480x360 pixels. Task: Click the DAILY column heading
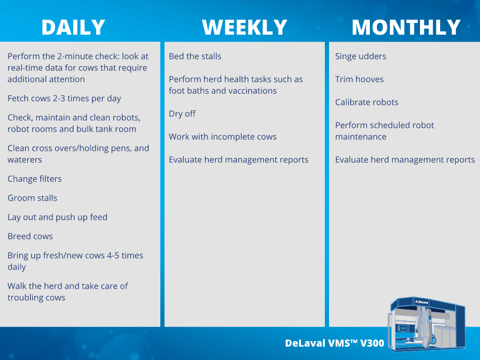(x=73, y=27)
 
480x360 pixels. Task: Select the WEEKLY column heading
(x=245, y=27)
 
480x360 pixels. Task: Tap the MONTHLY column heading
(x=406, y=27)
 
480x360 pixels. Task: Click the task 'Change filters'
(x=35, y=179)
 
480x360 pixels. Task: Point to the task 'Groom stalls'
(x=32, y=198)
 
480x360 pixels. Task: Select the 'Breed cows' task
(x=30, y=236)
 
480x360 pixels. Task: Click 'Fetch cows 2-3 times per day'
(x=64, y=98)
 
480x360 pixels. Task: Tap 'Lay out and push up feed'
(x=58, y=217)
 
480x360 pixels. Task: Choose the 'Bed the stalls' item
(x=195, y=56)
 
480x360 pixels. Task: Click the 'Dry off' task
(x=182, y=114)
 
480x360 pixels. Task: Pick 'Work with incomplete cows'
(x=223, y=137)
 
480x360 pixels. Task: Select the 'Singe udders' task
(x=360, y=56)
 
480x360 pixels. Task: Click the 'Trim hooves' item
(x=360, y=79)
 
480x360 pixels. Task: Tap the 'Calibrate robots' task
(x=367, y=102)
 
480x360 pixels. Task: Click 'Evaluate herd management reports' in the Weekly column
(x=239, y=160)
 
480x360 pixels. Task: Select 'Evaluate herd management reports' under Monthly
(x=405, y=160)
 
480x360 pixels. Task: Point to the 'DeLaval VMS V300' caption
(x=335, y=343)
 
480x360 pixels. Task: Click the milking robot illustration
(x=427, y=323)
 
